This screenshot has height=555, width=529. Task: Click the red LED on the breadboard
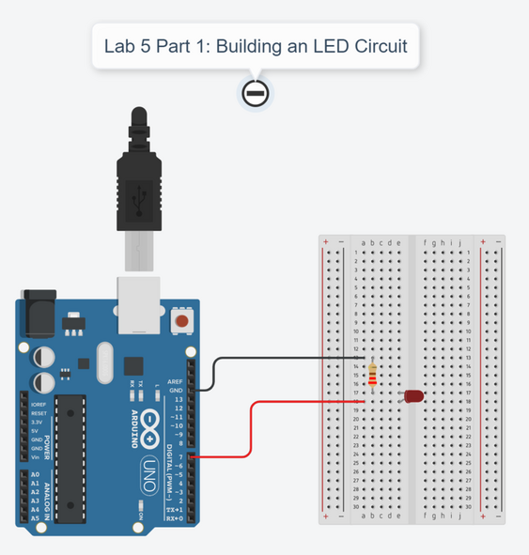[413, 396]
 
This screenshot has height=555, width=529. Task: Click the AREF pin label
[176, 382]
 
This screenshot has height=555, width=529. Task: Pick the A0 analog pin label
[35, 475]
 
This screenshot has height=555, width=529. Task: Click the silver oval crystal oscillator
[101, 362]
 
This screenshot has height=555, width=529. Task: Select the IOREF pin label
[39, 404]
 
